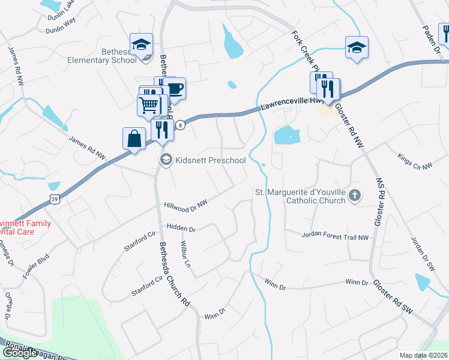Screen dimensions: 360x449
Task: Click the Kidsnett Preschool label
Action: pos(210,160)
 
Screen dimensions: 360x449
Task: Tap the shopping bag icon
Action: pos(133,139)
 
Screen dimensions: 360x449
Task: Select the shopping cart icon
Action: pos(148,106)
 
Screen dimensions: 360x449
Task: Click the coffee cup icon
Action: pos(175,89)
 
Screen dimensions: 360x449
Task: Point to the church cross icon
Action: pos(355,194)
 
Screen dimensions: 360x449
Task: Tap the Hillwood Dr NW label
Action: pos(185,205)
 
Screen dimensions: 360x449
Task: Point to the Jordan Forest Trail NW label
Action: pos(335,237)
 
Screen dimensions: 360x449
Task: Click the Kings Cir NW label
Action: pos(415,161)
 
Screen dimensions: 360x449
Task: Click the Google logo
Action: pos(19,353)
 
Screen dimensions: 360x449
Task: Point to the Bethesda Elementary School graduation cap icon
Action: pos(142,44)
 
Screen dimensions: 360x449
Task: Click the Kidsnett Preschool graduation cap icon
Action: pos(165,160)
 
